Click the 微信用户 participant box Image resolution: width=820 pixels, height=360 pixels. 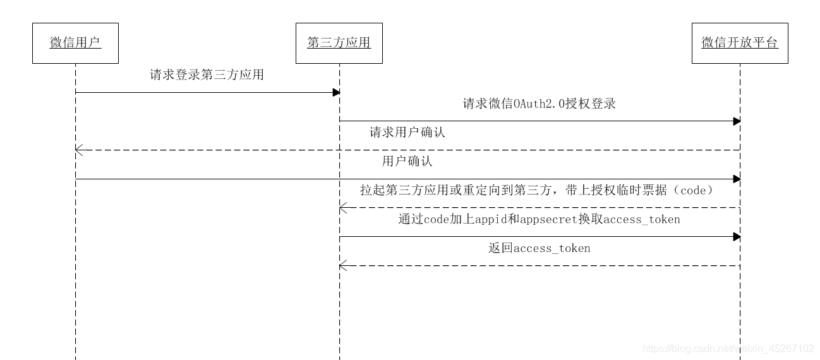click(x=75, y=43)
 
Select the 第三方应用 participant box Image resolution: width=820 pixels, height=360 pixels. click(x=339, y=43)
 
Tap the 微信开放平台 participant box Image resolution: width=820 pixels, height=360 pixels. click(x=740, y=43)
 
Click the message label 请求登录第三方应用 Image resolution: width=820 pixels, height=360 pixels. click(x=207, y=75)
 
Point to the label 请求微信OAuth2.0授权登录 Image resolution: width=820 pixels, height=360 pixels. click(x=539, y=104)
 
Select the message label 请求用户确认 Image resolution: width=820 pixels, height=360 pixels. click(x=407, y=133)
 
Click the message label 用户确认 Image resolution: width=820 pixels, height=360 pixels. click(x=407, y=161)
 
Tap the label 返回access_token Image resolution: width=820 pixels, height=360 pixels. click(x=539, y=248)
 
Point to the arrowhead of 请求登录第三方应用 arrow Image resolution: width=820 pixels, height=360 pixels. click(x=337, y=92)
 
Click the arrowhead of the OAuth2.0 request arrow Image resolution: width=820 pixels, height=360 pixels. click(x=737, y=121)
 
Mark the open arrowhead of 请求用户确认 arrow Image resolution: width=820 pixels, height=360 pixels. click(x=78, y=150)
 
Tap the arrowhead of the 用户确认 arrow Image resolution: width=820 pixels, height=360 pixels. click(x=737, y=179)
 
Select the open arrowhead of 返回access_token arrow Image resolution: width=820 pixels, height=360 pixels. click(x=342, y=265)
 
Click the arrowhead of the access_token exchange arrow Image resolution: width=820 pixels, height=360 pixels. click(x=737, y=236)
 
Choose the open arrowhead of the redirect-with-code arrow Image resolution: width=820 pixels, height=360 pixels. click(x=342, y=207)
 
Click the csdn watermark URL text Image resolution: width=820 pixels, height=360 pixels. click(x=728, y=349)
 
